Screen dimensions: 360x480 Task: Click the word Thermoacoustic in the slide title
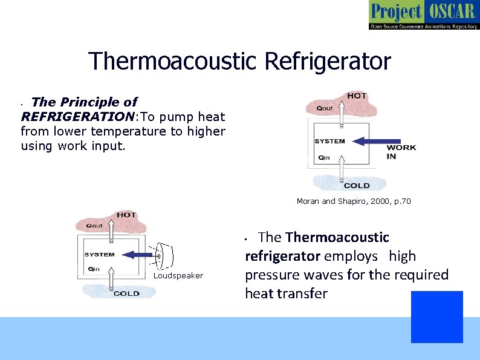172,61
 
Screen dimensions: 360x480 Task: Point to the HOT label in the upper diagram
357,96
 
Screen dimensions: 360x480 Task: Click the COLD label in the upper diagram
356,185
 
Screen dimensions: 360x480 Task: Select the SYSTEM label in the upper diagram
330,142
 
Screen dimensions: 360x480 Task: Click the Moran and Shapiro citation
353,201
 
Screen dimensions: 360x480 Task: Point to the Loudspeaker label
178,276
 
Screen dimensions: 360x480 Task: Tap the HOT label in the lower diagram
126,215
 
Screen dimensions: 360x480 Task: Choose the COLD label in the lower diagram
126,293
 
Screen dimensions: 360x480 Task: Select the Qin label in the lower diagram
94,269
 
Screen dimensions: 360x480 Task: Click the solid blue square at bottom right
436,316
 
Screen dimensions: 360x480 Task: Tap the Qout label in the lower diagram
94,225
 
